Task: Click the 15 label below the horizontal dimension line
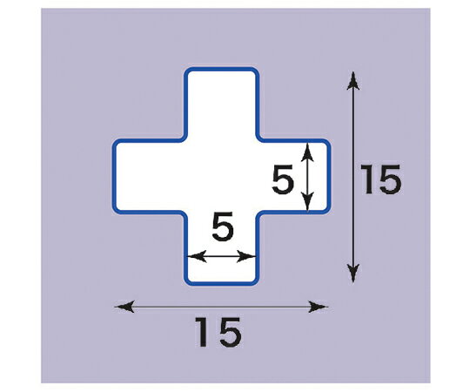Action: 218,332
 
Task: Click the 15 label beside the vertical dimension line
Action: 380,179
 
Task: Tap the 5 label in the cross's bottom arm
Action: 223,226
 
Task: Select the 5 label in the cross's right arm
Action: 283,179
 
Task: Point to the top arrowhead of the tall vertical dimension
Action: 353,80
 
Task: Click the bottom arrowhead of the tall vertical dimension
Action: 353,274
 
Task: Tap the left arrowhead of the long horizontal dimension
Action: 124,307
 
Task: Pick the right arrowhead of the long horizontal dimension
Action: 319,307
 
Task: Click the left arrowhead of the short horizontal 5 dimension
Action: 197,256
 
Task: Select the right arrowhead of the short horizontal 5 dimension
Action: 246,256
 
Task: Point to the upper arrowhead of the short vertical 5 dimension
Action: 307,152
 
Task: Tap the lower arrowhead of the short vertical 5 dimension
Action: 307,202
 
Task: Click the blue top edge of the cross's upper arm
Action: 221,70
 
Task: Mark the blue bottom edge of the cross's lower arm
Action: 221,283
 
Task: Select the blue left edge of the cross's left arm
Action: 114,176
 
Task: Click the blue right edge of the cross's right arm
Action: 328,176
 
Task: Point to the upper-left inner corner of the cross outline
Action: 184,139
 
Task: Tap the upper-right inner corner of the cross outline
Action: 259,139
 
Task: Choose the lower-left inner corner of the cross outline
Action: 184,214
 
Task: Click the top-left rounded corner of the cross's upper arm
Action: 186,71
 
